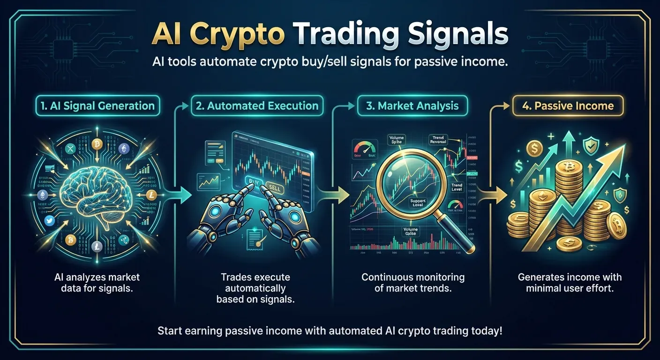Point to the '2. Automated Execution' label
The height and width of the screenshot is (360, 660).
pyautogui.click(x=257, y=106)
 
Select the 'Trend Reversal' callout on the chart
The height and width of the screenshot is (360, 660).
pyautogui.click(x=438, y=140)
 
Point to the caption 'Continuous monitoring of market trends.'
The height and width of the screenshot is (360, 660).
pyautogui.click(x=412, y=282)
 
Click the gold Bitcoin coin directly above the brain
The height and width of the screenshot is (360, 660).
pyautogui.click(x=97, y=144)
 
